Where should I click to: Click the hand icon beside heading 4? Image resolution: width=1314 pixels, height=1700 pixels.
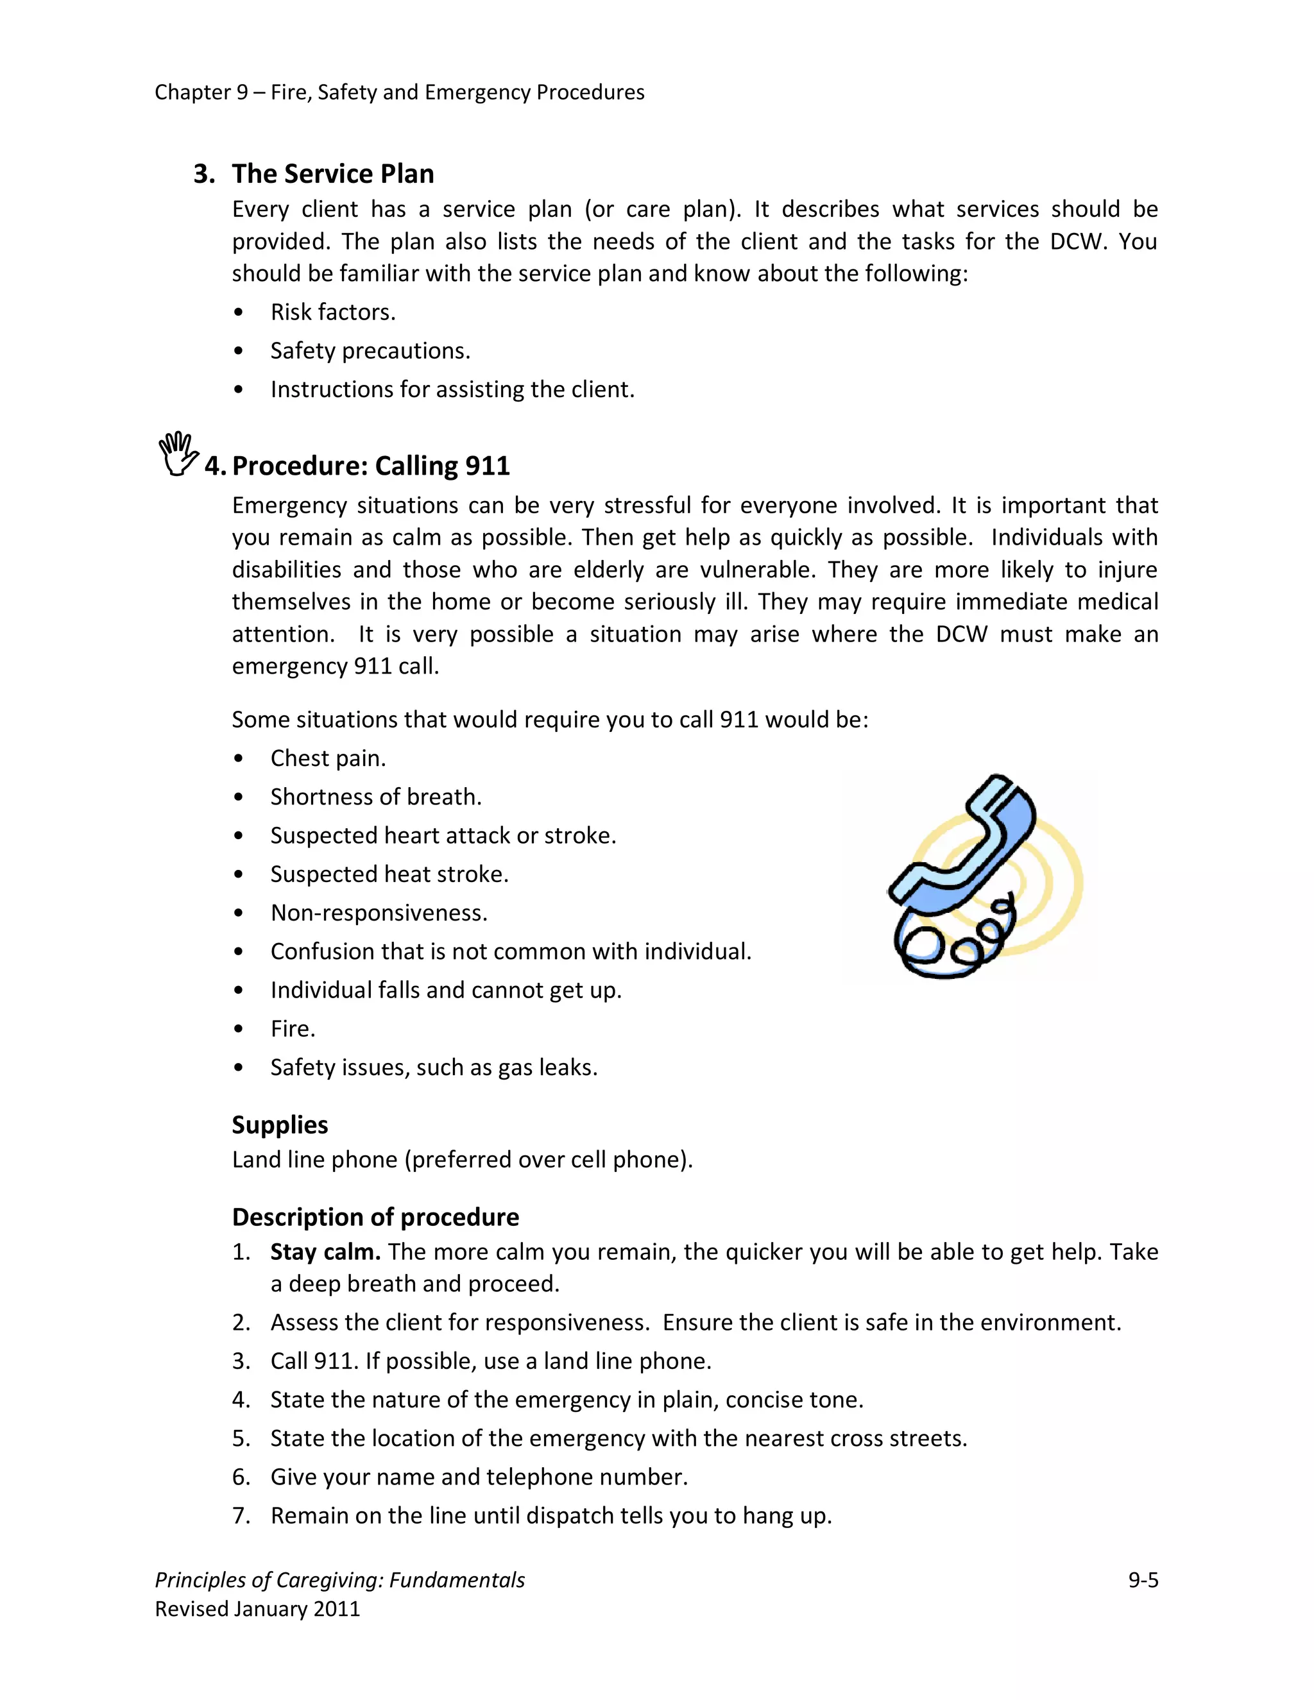[x=178, y=454]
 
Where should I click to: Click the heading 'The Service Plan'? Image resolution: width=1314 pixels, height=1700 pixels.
[x=332, y=174]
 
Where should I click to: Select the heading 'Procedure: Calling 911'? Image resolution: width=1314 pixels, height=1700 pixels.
[x=371, y=466]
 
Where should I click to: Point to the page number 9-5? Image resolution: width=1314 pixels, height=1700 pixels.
[x=1143, y=1579]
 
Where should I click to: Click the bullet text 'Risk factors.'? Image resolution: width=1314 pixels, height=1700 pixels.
[x=332, y=312]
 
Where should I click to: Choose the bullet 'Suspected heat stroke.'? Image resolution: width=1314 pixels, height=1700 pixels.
[x=389, y=874]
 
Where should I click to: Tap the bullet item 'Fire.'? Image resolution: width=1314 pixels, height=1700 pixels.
[x=293, y=1028]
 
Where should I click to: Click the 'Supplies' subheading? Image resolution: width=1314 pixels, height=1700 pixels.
[x=280, y=1124]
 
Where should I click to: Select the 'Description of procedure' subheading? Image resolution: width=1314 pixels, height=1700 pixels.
[x=375, y=1216]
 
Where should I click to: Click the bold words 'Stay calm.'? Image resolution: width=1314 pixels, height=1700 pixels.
[x=325, y=1252]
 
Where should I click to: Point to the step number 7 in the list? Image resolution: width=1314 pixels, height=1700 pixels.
[x=241, y=1515]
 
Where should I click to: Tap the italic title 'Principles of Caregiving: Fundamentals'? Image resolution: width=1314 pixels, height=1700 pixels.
[x=339, y=1579]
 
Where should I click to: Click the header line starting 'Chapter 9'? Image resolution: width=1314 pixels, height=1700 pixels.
[x=399, y=92]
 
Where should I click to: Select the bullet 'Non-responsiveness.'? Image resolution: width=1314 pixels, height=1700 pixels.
[x=379, y=912]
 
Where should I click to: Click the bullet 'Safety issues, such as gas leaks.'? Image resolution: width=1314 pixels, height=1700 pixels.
[x=434, y=1067]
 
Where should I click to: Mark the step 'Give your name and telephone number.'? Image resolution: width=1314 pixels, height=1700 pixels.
[x=479, y=1477]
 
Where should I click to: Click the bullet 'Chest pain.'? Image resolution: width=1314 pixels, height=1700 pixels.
[x=328, y=758]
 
